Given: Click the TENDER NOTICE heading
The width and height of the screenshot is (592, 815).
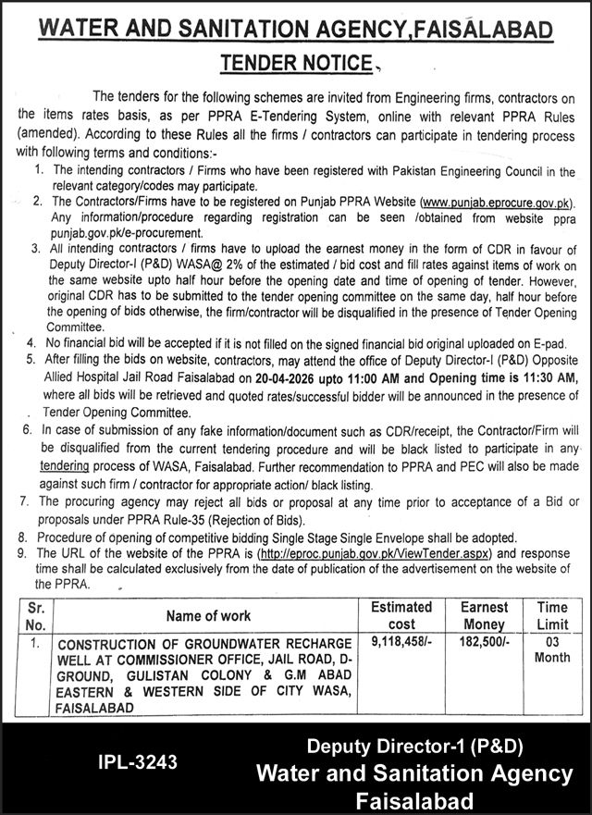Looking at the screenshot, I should coord(296,64).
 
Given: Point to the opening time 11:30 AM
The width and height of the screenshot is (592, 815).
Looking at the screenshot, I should coord(551,378).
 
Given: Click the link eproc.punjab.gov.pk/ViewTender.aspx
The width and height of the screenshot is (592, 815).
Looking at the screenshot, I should coord(375,552).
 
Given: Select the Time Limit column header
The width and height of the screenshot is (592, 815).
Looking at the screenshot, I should coord(552,615).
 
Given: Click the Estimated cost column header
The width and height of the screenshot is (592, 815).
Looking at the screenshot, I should coord(401,615).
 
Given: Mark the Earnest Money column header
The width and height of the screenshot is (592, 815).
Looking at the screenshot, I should coord(484,615).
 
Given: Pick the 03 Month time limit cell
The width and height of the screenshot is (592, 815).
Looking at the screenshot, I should coord(552,649).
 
